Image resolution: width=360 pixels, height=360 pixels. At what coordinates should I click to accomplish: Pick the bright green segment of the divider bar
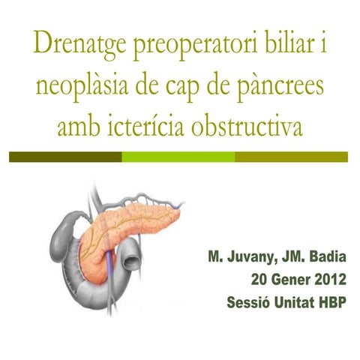pyautogui.click(x=178, y=157)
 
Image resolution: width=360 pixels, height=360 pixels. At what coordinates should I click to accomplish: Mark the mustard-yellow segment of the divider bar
pyautogui.click(x=291, y=157)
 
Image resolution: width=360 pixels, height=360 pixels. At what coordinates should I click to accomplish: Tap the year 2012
pyautogui.click(x=326, y=281)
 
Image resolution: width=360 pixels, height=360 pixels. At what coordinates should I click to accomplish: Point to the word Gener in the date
pyautogui.click(x=280, y=281)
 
